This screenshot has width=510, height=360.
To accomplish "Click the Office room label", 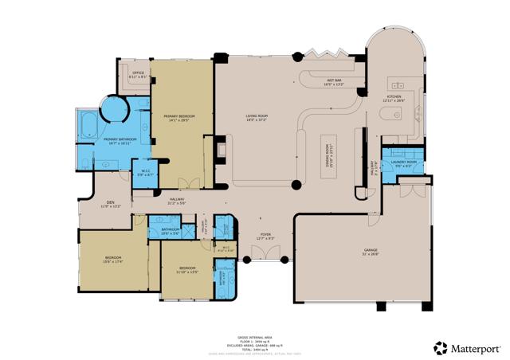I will [x=138, y=74].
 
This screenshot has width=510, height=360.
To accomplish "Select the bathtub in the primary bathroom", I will [x=88, y=125].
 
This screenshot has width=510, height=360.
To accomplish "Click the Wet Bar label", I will [x=333, y=81].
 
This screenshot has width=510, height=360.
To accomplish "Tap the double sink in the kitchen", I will [x=397, y=84].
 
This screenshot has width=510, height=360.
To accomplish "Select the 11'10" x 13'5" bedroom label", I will [x=187, y=269].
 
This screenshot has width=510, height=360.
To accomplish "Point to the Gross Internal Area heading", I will [x=255, y=337].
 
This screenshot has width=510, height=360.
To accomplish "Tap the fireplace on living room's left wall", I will [x=223, y=148].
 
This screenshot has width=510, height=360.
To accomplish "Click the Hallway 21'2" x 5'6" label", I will [x=177, y=201].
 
